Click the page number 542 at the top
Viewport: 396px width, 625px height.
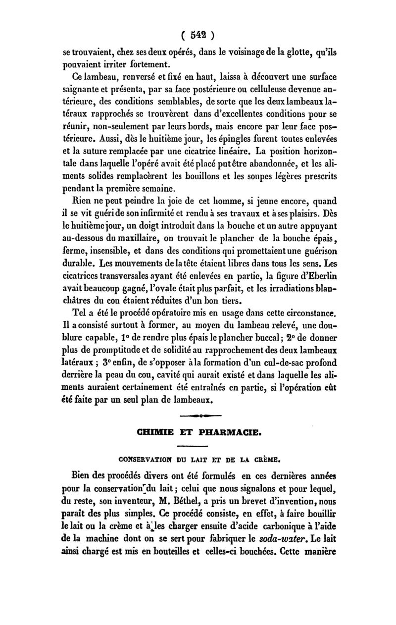[x=198, y=35]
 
